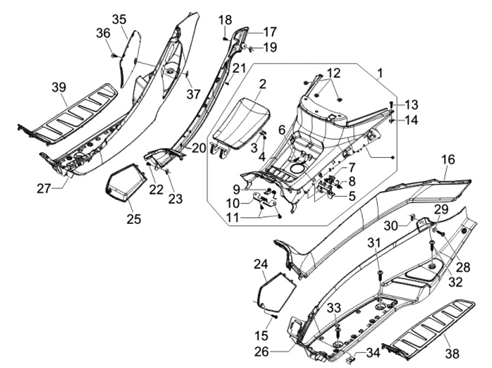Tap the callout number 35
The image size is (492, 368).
[119, 18]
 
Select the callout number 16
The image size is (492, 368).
[448, 160]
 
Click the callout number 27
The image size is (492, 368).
[44, 188]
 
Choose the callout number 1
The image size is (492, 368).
[381, 72]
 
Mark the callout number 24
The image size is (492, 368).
[260, 264]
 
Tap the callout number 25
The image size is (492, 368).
[133, 218]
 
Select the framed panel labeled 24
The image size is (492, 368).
[275, 289]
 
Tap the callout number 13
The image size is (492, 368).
[411, 104]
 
